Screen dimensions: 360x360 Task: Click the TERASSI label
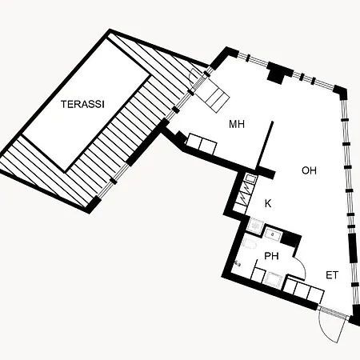82,104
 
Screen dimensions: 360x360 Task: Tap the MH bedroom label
237,124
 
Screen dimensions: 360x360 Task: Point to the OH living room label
309,170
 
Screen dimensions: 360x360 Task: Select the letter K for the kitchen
268,203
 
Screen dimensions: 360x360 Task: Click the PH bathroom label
271,256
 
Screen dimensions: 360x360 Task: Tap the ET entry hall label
332,275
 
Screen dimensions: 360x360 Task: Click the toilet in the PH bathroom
250,243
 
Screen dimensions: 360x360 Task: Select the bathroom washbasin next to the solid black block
273,235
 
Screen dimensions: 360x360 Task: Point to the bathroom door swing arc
302,266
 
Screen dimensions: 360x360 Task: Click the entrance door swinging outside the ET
332,330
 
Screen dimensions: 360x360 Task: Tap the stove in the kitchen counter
242,195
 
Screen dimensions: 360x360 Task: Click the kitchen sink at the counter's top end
250,178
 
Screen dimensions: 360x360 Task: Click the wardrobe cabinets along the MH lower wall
202,144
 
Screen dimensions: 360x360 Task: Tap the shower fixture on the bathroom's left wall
238,264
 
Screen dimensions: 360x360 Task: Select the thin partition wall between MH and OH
265,146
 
